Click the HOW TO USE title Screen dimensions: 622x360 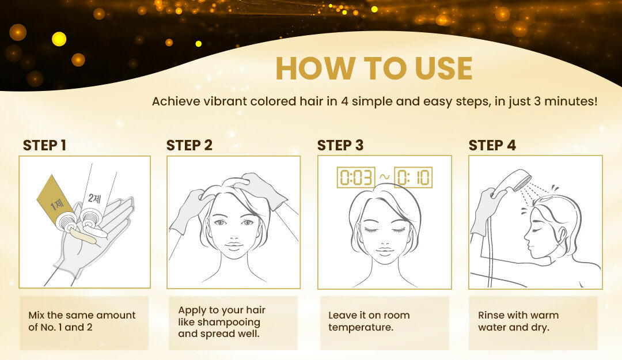pyautogui.click(x=374, y=69)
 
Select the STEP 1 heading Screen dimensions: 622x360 pyautogui.click(x=44, y=145)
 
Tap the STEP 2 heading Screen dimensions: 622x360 pyautogui.click(x=189, y=145)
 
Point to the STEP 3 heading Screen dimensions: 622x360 pyautogui.click(x=340, y=145)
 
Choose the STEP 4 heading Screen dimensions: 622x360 pyautogui.click(x=492, y=145)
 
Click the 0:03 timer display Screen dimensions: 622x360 pyautogui.click(x=356, y=177)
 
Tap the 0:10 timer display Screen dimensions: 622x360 pyautogui.click(x=413, y=177)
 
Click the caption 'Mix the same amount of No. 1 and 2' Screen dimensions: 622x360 pyautogui.click(x=82, y=321)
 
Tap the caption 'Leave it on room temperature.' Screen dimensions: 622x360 pyautogui.click(x=369, y=321)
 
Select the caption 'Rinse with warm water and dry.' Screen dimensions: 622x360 pyautogui.click(x=518, y=321)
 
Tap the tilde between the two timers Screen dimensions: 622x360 pyautogui.click(x=384, y=177)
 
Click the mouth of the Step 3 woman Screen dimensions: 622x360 pyautogui.click(x=384, y=251)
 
